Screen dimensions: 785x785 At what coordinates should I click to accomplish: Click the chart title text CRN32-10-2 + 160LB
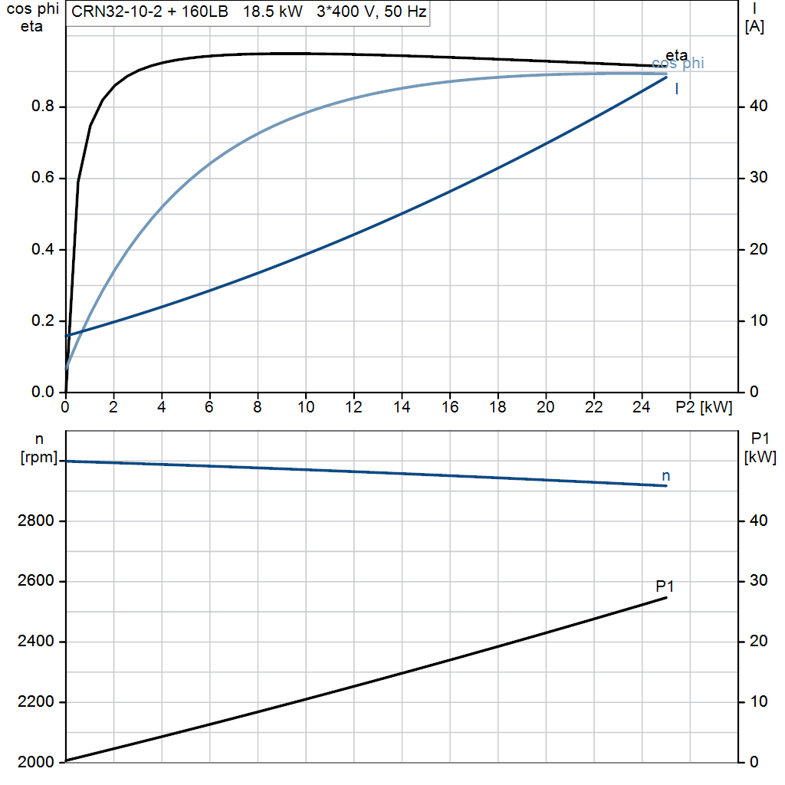tap(149, 11)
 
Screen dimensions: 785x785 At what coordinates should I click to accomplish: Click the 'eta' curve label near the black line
tap(676, 54)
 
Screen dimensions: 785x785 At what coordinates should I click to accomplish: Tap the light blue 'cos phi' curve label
tap(678, 63)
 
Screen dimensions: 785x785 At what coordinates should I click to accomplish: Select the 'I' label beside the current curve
tap(677, 89)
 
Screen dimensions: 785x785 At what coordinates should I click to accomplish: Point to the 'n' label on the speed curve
tap(666, 475)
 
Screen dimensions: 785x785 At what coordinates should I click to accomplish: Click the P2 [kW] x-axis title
tap(704, 407)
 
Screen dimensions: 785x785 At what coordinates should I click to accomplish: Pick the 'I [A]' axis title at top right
tap(754, 18)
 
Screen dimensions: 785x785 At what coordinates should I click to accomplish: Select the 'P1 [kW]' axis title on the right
tap(760, 448)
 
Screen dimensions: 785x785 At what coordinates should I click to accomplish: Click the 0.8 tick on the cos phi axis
tap(43, 106)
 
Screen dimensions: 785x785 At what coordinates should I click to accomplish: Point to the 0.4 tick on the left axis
tap(43, 249)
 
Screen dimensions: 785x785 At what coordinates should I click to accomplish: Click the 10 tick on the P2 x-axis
tap(305, 407)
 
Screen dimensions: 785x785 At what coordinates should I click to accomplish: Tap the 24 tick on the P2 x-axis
tap(642, 407)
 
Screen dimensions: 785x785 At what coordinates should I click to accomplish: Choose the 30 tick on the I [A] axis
tap(758, 177)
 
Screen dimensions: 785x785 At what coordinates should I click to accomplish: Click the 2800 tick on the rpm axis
tap(35, 521)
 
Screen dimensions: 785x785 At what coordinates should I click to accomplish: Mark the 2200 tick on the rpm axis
tap(35, 702)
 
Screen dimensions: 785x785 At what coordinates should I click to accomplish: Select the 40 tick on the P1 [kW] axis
tap(758, 521)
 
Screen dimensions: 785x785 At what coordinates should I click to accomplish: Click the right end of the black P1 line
tap(666, 598)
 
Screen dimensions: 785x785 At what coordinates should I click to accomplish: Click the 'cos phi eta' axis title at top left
tap(32, 18)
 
